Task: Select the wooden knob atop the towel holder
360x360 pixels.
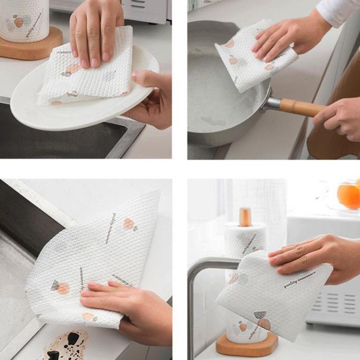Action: pos(245,216)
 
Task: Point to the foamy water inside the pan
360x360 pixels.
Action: pos(211,90)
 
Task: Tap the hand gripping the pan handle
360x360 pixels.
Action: pos(337,117)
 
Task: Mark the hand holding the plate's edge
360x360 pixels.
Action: pos(151,97)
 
